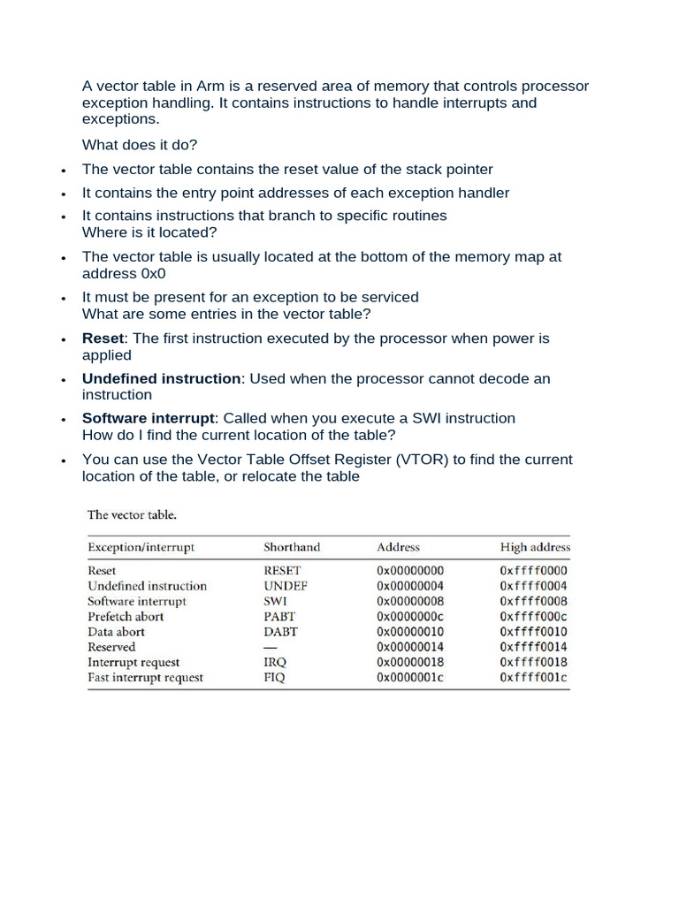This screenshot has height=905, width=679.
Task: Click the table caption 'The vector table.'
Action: pos(131,514)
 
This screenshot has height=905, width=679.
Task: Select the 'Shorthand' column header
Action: pos(292,547)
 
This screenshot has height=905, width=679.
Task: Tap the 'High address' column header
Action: pos(535,547)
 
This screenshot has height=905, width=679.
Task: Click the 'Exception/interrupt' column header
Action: pos(141,547)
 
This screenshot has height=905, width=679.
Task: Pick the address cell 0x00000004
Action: pos(410,586)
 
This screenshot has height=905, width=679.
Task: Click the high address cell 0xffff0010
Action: pos(533,632)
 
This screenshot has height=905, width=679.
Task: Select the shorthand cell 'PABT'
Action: pos(279,617)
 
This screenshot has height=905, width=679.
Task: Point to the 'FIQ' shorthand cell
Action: pos(275,678)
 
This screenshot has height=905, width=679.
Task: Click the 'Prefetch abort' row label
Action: pos(126,617)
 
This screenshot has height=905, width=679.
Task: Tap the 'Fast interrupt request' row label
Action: pos(145,678)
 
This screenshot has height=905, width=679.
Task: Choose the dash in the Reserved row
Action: pos(270,647)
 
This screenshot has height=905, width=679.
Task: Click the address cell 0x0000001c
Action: pos(410,678)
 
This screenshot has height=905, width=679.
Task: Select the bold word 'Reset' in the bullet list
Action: pos(103,338)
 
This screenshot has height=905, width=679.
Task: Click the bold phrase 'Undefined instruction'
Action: pos(161,378)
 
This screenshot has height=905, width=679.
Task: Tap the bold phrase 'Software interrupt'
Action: pos(149,418)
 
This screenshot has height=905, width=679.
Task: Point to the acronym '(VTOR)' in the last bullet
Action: pos(422,460)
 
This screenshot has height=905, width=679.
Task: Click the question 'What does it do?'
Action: pos(140,145)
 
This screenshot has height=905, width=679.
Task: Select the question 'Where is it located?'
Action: pos(149,232)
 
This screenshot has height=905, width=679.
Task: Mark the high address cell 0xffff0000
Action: pos(533,571)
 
